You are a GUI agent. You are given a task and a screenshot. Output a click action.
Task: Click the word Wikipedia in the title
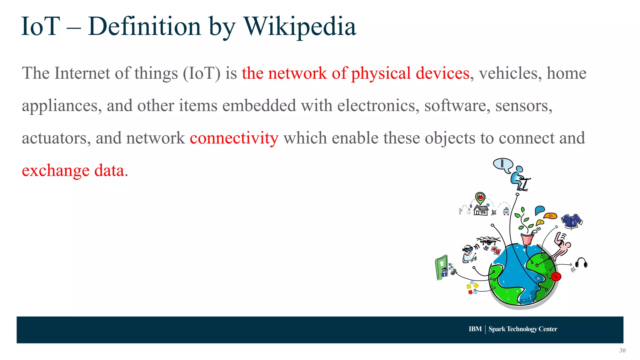(x=299, y=27)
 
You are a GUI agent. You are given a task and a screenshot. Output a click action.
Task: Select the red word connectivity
(x=234, y=138)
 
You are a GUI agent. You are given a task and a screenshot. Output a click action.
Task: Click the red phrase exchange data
(x=73, y=170)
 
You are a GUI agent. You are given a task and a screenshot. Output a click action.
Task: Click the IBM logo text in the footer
(x=475, y=329)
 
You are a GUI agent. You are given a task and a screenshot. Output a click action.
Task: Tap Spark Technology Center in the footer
(x=523, y=329)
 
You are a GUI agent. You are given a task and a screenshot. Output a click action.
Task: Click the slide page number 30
(x=622, y=350)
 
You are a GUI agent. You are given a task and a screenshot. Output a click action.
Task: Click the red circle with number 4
(x=556, y=277)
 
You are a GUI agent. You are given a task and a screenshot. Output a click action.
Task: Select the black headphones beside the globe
(x=581, y=263)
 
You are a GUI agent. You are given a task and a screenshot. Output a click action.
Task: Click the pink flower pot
(x=527, y=239)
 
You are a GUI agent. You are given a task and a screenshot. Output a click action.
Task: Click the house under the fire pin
(x=481, y=210)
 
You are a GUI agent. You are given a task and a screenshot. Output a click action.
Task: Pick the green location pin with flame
(x=480, y=198)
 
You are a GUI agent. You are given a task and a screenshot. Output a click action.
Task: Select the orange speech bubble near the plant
(x=550, y=216)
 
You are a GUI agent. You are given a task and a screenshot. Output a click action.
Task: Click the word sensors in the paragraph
(x=524, y=106)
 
